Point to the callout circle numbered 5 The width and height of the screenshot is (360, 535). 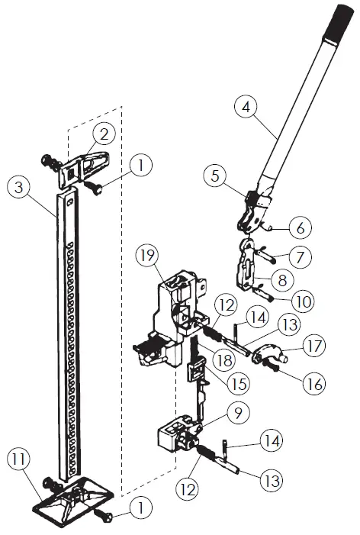217,176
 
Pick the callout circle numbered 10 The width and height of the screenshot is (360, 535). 302,301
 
